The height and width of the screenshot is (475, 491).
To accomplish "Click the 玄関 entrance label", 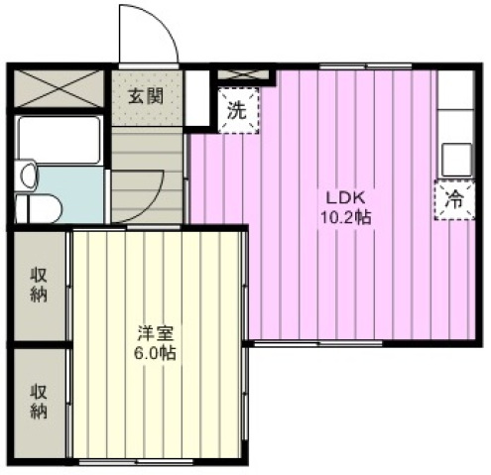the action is click(146, 96).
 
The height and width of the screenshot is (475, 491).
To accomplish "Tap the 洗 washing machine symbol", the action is click(238, 111).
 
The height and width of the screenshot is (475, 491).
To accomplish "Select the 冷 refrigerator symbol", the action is click(454, 200).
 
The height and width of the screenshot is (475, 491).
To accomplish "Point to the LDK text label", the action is click(345, 198).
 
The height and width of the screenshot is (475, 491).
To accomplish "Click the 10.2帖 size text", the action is click(346, 218).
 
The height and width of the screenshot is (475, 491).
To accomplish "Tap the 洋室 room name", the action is click(155, 333).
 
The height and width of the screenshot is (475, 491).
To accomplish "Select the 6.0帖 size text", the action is click(155, 354).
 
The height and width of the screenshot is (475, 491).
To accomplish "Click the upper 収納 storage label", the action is click(39, 285).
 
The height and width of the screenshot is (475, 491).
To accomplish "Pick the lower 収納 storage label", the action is click(39, 402).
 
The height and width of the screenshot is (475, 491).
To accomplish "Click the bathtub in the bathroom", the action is click(59, 140).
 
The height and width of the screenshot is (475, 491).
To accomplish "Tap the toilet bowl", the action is click(39, 208).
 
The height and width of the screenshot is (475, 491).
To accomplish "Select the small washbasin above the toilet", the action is click(27, 176).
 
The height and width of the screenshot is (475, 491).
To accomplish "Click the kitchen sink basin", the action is click(457, 160).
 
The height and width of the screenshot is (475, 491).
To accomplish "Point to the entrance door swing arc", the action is click(163, 27).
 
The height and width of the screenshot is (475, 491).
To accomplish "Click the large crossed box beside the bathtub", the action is click(59, 88).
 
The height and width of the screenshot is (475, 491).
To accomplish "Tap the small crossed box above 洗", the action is click(244, 75).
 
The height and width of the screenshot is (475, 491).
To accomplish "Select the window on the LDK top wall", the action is click(366, 66).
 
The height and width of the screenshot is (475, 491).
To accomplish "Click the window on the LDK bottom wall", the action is click(317, 344).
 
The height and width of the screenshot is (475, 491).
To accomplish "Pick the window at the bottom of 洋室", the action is click(136, 462).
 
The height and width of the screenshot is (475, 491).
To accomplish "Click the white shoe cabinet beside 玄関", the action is click(197, 98).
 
